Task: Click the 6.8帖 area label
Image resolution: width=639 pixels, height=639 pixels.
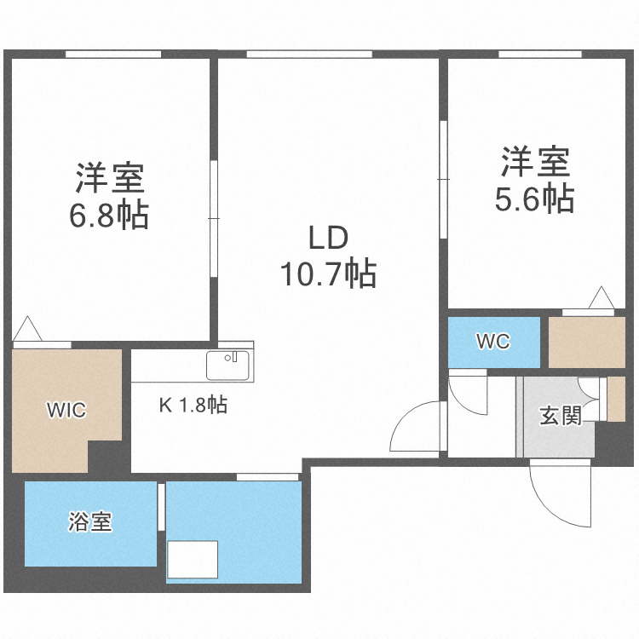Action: pos(109,215)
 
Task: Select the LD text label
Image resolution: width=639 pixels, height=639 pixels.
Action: pos(328,239)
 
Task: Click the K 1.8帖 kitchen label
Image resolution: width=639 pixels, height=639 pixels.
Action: pos(194,406)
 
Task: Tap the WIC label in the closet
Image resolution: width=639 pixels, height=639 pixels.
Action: pos(66,410)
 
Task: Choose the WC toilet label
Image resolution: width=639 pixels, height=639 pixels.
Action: pos(492,342)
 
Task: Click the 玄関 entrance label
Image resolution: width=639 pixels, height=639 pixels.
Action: pos(560,416)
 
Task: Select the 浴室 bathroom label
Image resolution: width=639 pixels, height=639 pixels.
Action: pos(90,522)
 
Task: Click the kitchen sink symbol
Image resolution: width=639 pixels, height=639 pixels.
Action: pos(227,365)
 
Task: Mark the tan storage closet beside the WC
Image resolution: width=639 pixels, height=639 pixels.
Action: pos(586,342)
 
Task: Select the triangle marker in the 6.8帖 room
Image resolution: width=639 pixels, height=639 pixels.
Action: pos(26,329)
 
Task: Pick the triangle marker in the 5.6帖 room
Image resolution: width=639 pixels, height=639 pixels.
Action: pos(601,300)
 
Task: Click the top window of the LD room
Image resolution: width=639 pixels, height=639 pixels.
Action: pos(309,55)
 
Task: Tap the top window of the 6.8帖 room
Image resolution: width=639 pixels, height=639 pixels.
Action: pos(113,55)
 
